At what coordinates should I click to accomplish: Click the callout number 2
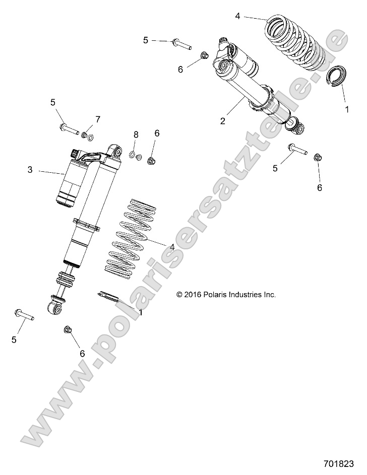point(223,120)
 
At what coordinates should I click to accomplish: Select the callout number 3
point(30,170)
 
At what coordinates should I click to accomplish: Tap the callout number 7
point(98,119)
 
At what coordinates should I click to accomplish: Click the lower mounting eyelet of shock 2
point(296,128)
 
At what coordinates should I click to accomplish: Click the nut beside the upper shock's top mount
point(205,56)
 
